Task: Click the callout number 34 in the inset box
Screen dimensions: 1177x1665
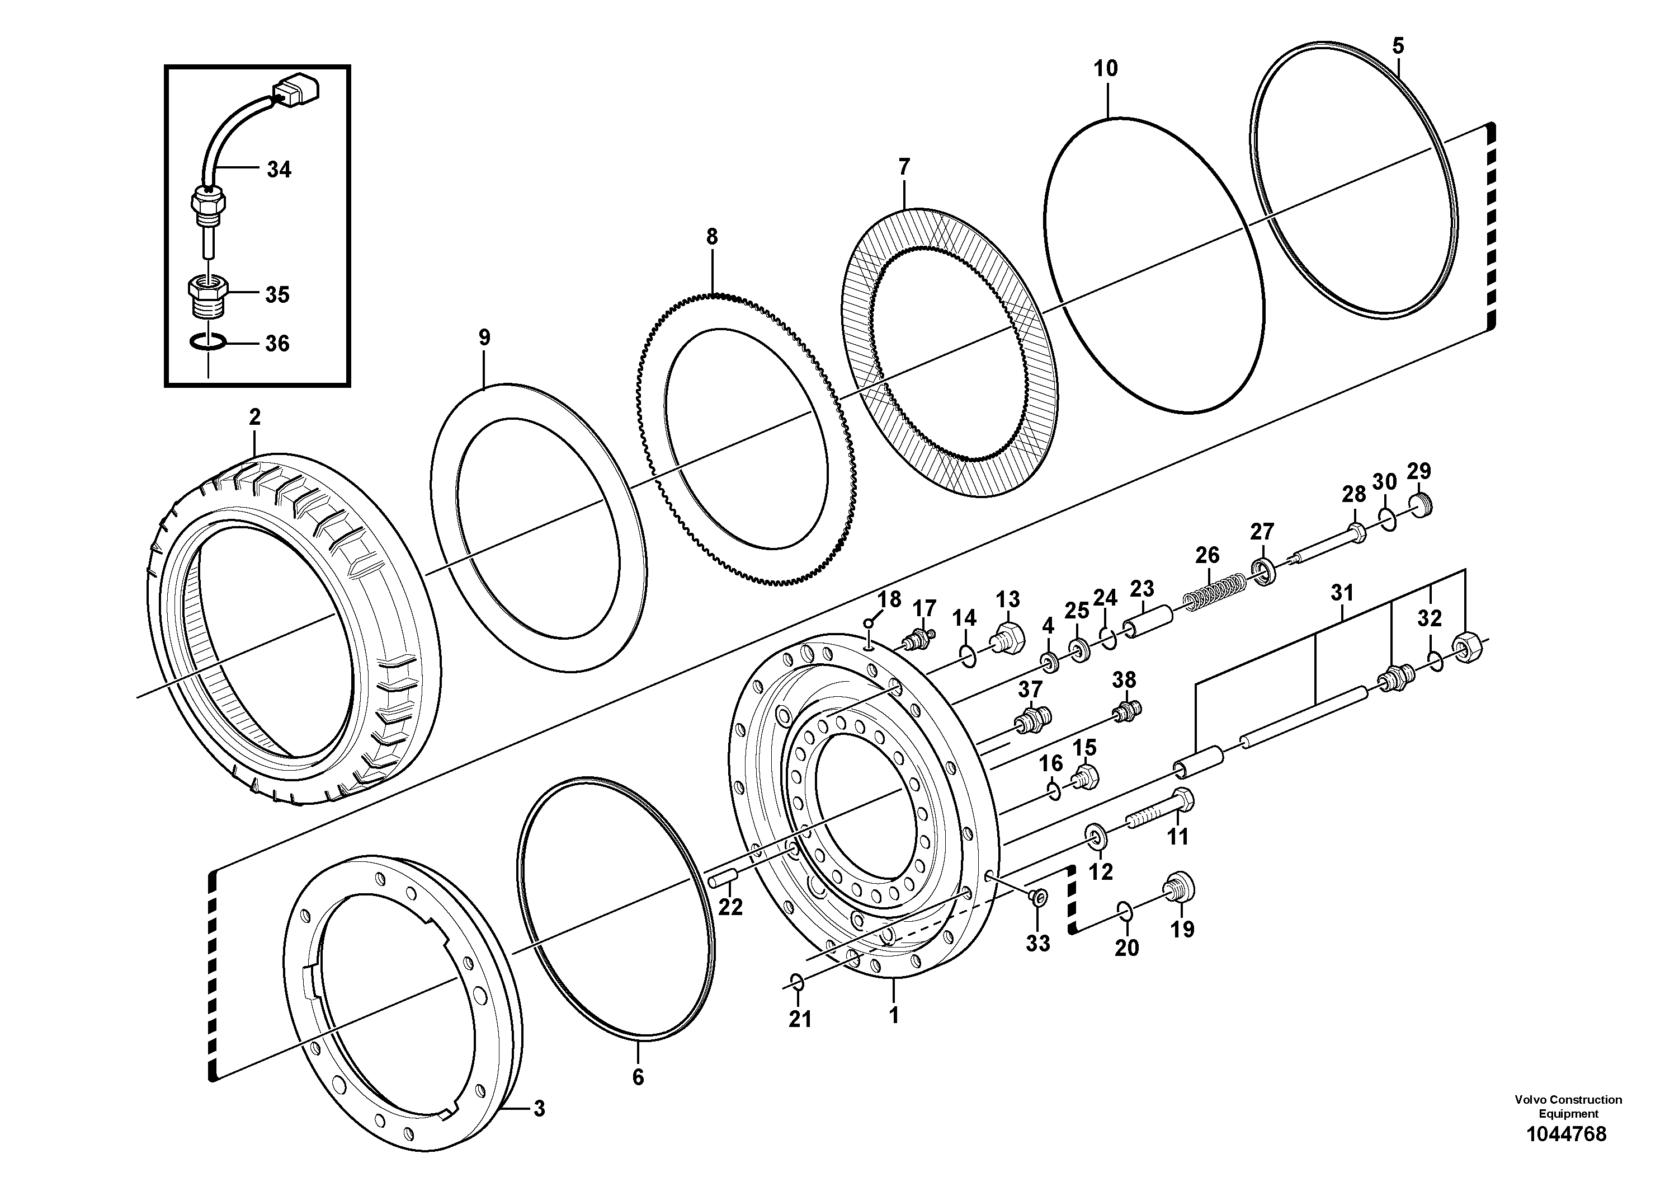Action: [279, 170]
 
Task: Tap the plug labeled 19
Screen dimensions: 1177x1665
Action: [1178, 889]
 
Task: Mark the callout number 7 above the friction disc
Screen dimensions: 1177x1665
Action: [904, 168]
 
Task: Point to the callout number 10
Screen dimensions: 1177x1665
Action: [1106, 69]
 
